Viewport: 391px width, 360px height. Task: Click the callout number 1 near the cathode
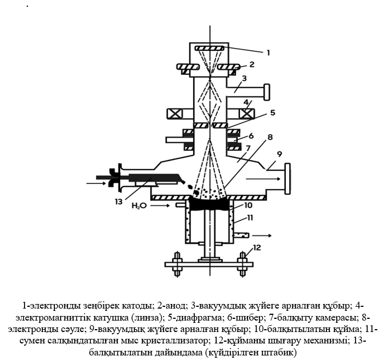[267, 52]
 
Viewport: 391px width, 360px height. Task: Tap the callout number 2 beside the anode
[251, 65]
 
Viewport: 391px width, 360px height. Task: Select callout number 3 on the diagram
[244, 78]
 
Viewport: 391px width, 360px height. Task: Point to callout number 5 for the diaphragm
[273, 113]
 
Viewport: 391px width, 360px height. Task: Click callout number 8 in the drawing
[270, 137]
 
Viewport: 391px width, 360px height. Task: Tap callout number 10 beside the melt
[248, 204]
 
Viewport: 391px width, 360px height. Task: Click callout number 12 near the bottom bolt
[256, 247]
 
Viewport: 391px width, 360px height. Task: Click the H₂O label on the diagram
[138, 205]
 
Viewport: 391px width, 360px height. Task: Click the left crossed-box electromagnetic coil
[174, 113]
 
